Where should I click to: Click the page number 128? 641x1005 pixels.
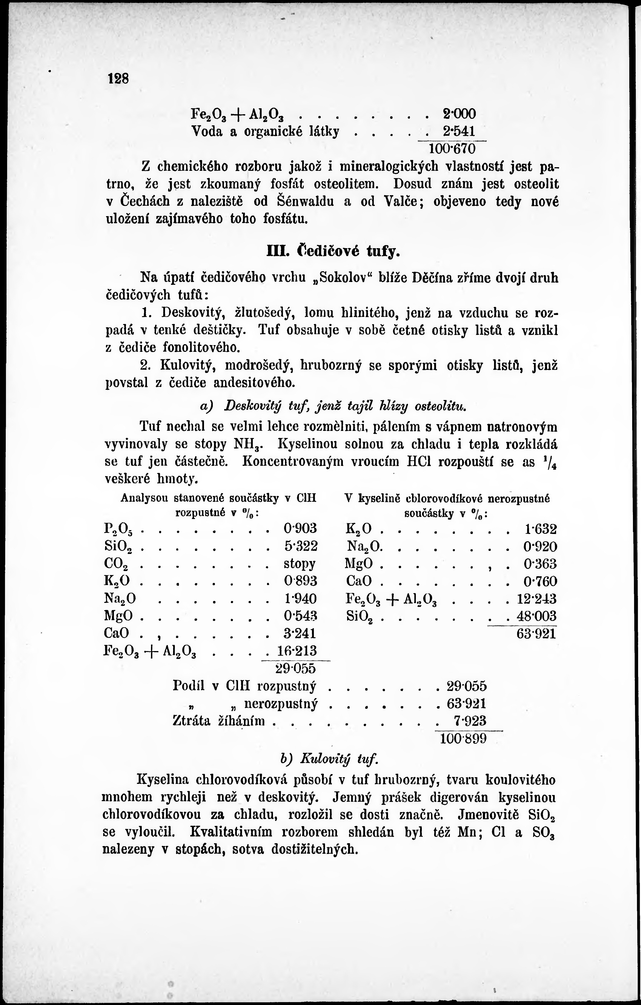point(119,79)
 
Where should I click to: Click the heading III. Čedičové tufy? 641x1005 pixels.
point(333,252)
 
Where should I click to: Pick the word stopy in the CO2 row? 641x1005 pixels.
point(299,564)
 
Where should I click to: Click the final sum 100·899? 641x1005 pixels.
point(464,739)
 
